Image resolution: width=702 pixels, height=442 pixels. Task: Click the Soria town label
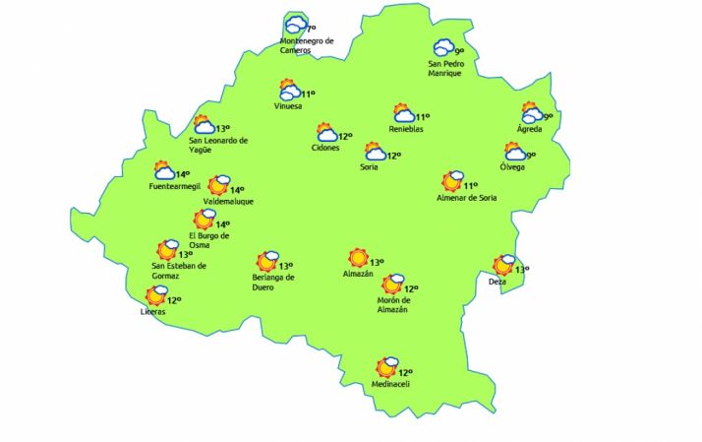[x=368, y=167]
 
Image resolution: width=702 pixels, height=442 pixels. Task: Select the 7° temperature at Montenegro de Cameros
[x=312, y=31]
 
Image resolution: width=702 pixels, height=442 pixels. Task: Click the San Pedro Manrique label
[x=444, y=69]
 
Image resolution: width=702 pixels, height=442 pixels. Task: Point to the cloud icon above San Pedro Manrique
[x=443, y=46]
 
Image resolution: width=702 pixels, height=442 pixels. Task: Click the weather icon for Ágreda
[x=531, y=112]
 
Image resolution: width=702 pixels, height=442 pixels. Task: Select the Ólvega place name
[x=512, y=167]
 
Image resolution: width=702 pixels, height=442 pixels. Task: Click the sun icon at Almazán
[x=358, y=258]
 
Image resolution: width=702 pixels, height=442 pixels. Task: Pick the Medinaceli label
[x=389, y=384]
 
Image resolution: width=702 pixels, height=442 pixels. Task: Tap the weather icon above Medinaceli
[x=387, y=367]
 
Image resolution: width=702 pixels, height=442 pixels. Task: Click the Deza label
[x=497, y=283]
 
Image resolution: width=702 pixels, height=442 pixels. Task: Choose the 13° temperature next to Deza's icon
[x=522, y=270]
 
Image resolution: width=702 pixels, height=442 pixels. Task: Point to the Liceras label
[x=154, y=312]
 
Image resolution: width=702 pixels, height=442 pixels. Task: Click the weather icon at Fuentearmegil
[x=163, y=171]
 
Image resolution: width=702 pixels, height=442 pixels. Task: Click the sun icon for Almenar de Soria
[x=452, y=180]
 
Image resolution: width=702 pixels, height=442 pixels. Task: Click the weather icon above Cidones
[x=326, y=132]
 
